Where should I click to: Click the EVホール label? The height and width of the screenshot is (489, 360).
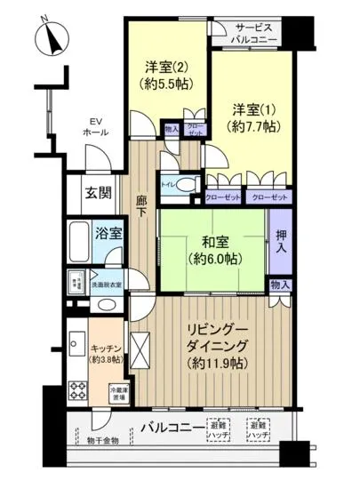(x=94, y=126)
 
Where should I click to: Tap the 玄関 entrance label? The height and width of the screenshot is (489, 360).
(x=98, y=192)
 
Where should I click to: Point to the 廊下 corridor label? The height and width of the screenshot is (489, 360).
(x=140, y=206)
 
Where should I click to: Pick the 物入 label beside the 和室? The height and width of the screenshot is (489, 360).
(x=279, y=285)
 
